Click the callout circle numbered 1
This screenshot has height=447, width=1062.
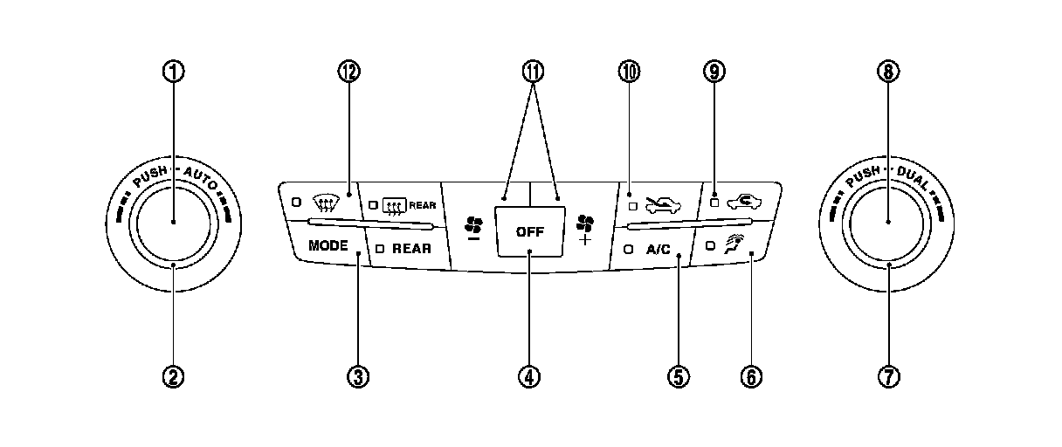pyautogui.click(x=174, y=72)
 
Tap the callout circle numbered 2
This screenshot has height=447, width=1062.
pyautogui.click(x=174, y=376)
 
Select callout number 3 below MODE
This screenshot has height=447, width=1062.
pyautogui.click(x=357, y=376)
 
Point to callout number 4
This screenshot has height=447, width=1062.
pyautogui.click(x=529, y=376)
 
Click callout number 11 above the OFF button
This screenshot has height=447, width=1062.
pyautogui.click(x=529, y=72)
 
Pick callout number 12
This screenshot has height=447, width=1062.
pyautogui.click(x=349, y=72)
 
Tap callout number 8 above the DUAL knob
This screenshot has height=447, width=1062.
pyautogui.click(x=888, y=72)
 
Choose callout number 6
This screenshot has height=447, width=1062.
pyautogui.click(x=751, y=376)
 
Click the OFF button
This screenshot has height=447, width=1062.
pyautogui.click(x=529, y=231)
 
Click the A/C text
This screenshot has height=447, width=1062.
pyautogui.click(x=658, y=249)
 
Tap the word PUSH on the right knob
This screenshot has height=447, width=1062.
pyautogui.click(x=863, y=175)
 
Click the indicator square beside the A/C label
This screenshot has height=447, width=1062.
pyautogui.click(x=628, y=249)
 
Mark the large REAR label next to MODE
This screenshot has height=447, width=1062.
pyautogui.click(x=410, y=249)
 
